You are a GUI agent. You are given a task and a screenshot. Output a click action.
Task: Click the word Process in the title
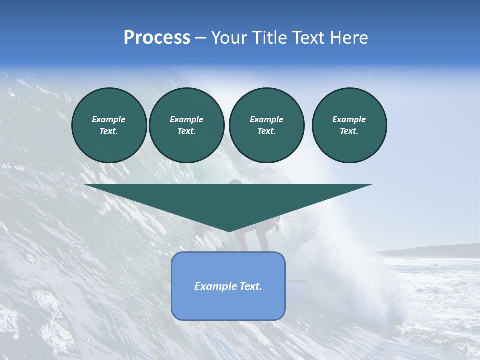coord(157,38)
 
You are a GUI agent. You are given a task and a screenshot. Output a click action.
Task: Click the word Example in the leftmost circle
coord(109,119)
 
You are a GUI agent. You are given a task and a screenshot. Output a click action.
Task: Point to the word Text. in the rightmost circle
coord(349,131)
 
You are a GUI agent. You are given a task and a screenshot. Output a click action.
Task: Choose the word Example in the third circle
coord(266,119)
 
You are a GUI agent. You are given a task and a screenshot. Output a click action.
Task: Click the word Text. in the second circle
coord(186,131)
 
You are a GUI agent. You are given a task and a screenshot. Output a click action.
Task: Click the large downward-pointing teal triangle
coord(228,200)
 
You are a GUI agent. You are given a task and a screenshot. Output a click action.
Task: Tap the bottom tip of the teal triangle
coord(229,230)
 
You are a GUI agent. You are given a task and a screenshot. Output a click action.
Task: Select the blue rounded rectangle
coord(228,305)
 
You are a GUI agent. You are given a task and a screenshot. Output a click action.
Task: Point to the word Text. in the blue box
coord(251,286)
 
